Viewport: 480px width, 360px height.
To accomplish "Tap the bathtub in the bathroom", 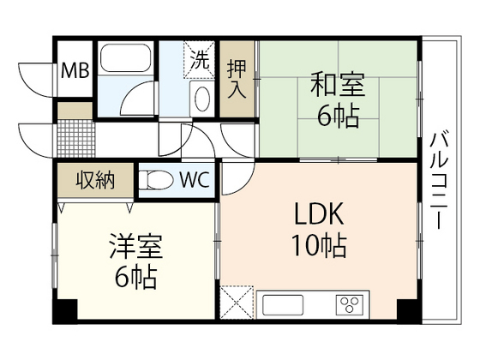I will (125, 61).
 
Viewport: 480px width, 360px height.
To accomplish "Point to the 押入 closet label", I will (237, 78).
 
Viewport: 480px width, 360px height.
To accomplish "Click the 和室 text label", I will (337, 87).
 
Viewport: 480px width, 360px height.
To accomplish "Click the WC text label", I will (194, 181).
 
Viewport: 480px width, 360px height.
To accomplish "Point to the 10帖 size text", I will (321, 248).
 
